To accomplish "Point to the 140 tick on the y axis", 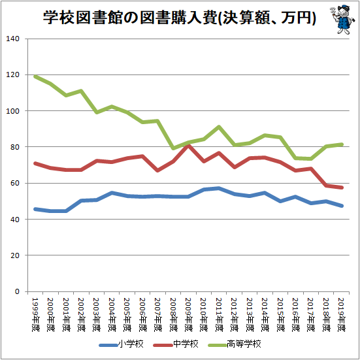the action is [x=13, y=39].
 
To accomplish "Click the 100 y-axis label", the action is [x=13, y=111].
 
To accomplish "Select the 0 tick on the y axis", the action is [x=17, y=291].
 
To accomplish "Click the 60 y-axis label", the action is [x=15, y=183].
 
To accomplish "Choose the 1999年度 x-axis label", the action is [x=35, y=314].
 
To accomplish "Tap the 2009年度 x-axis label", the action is [x=189, y=314].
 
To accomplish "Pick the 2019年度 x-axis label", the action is [x=342, y=314].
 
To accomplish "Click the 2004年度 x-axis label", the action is [x=112, y=314].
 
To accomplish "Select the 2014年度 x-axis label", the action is [x=265, y=314].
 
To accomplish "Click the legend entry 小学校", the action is [x=122, y=344].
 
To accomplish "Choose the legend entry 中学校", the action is [x=176, y=344].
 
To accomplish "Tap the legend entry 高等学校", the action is [x=235, y=344].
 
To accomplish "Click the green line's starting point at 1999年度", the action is [x=35, y=76].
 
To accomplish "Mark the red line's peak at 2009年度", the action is [x=188, y=146].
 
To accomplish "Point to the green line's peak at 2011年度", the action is [x=219, y=127].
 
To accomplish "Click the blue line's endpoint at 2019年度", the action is [x=342, y=206].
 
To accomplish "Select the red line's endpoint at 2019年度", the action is [x=342, y=188].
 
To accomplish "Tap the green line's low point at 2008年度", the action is [x=173, y=148].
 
